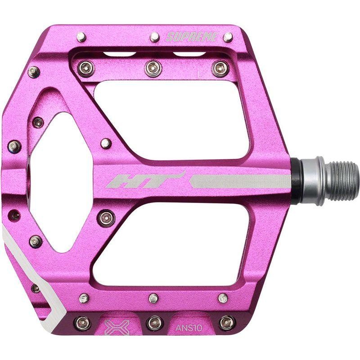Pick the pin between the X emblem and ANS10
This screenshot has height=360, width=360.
[x=154, y=322]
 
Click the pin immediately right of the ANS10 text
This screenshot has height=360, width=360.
[x=226, y=322]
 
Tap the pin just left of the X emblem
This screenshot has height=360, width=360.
[x=82, y=322]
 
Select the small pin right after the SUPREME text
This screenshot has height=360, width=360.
[x=228, y=36]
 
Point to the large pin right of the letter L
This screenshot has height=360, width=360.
[x=220, y=68]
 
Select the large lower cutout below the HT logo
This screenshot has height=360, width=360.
[x=171, y=243]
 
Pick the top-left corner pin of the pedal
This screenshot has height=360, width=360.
[x=81, y=36]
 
